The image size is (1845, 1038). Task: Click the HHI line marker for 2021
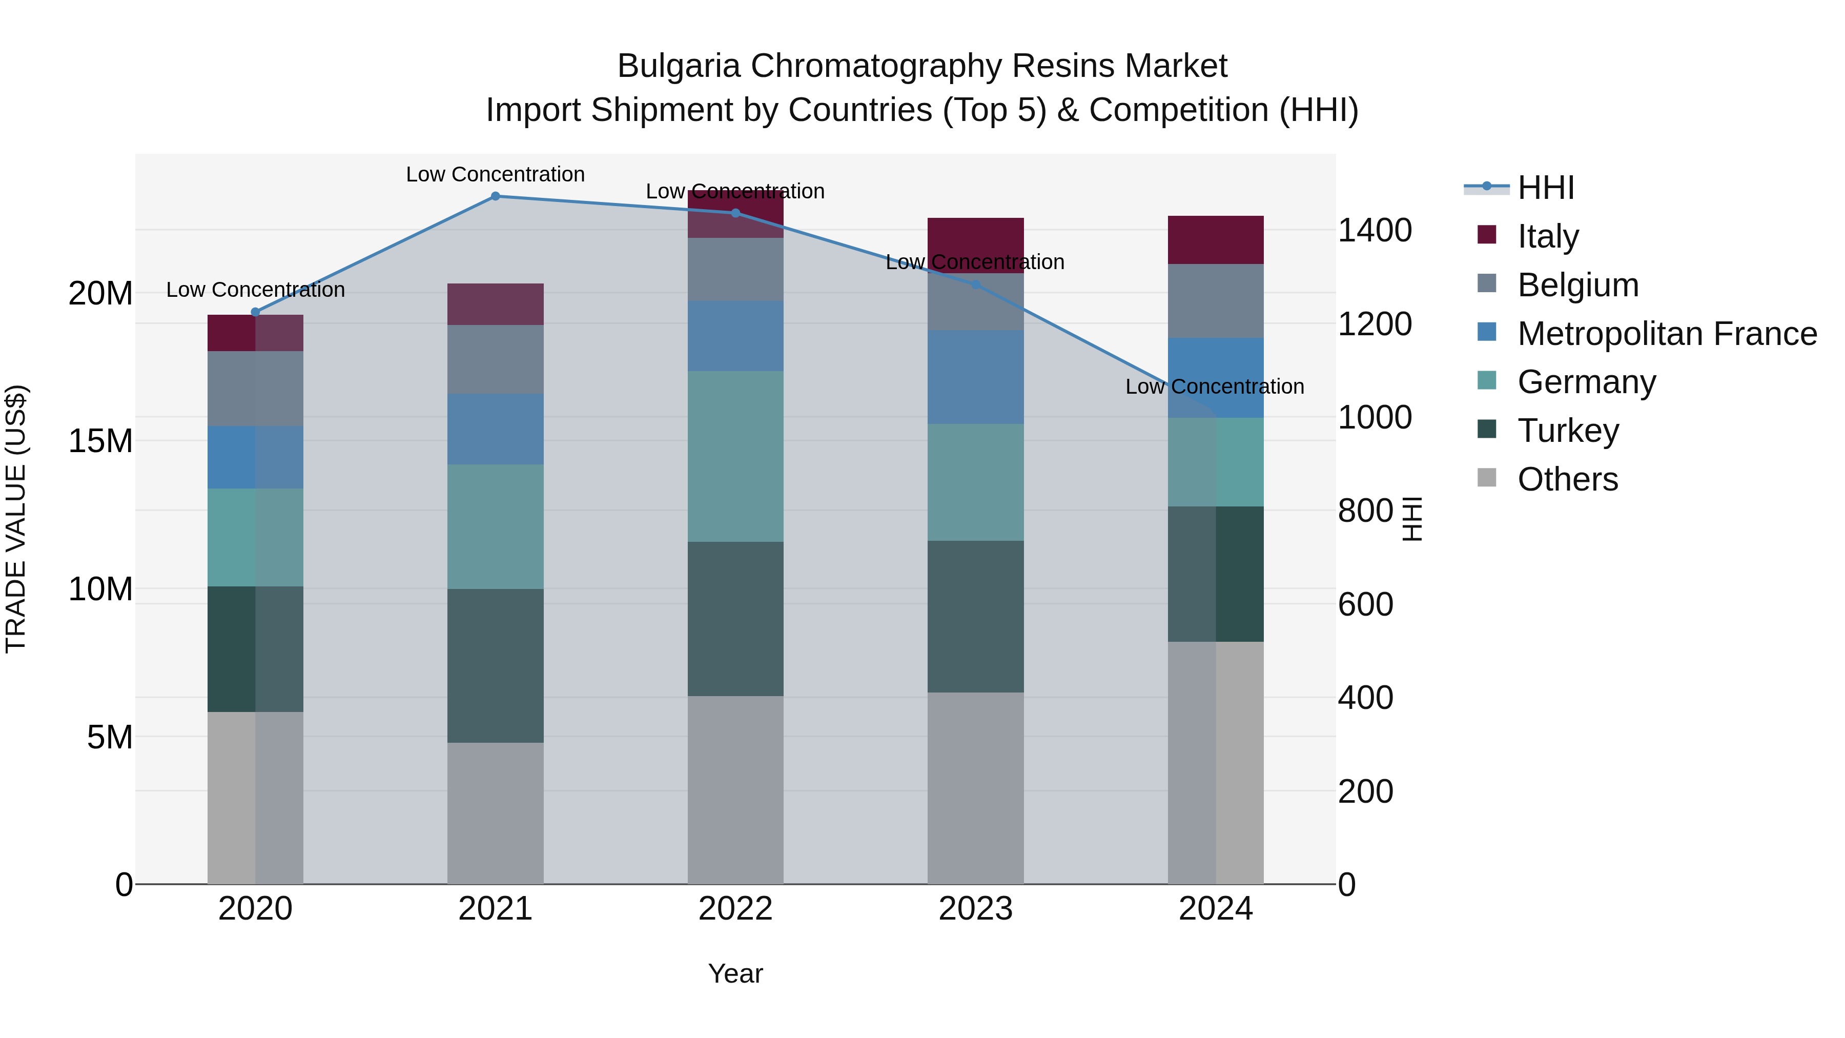click(495, 196)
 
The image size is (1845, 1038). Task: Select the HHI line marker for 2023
click(975, 284)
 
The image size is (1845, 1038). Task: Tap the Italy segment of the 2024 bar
click(1216, 240)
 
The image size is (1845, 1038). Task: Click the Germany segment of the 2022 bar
click(735, 456)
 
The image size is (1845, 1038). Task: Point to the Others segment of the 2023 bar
click(975, 788)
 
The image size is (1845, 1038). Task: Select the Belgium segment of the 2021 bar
click(495, 359)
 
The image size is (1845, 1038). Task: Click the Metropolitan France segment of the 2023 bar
click(975, 377)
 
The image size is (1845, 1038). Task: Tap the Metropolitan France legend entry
click(1666, 334)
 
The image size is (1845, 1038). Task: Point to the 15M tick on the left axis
click(100, 441)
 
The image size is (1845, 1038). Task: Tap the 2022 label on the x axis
click(735, 909)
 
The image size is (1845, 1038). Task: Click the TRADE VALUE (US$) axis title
click(16, 519)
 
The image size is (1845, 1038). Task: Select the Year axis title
click(735, 973)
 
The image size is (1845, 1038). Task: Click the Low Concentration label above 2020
click(255, 290)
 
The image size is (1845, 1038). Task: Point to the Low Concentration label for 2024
click(1214, 387)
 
